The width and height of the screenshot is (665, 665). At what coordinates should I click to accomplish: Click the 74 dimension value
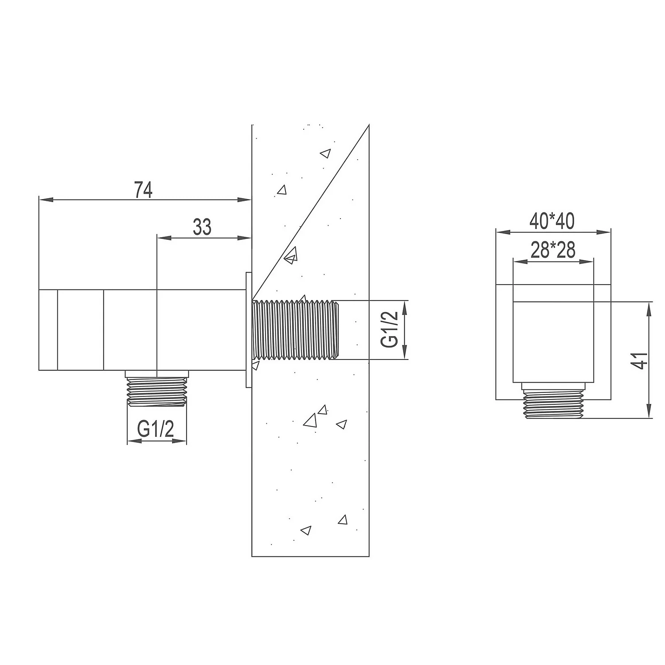[x=144, y=190]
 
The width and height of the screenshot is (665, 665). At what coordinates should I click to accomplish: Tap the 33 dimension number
[x=202, y=227]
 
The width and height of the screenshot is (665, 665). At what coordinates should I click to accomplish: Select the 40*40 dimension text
[x=552, y=221]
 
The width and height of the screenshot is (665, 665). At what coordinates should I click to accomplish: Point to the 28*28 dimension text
[x=553, y=250]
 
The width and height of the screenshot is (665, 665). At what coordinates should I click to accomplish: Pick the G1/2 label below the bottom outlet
[x=156, y=429]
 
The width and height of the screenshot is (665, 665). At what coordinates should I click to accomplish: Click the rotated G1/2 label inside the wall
[x=390, y=330]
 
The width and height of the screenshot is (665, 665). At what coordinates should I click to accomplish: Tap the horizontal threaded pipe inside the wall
[x=295, y=330]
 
